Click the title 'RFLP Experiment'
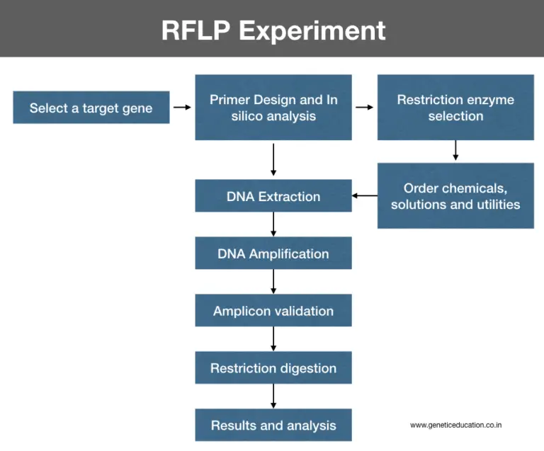pos(273,30)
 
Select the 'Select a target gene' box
pos(91,108)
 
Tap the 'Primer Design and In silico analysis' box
pos(273,108)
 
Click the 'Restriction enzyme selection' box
pos(455,108)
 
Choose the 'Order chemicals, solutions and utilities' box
pos(455,196)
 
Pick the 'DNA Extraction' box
pos(273,196)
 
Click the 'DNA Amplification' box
pos(273,253)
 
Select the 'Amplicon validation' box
pos(273,311)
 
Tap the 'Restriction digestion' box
pos(273,368)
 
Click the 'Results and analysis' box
pos(273,426)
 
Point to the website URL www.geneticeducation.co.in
pos(456,425)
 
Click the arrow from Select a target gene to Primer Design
pos(182,108)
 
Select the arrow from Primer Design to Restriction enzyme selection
pos(364,108)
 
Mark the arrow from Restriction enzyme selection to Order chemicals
pos(455,150)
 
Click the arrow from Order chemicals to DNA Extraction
pos(364,196)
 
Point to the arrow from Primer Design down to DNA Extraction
pos(273,159)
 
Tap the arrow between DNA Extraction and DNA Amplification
pos(273,224)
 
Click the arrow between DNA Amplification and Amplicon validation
pos(273,282)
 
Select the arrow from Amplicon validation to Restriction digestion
pos(273,339)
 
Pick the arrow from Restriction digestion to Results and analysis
pos(273,396)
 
